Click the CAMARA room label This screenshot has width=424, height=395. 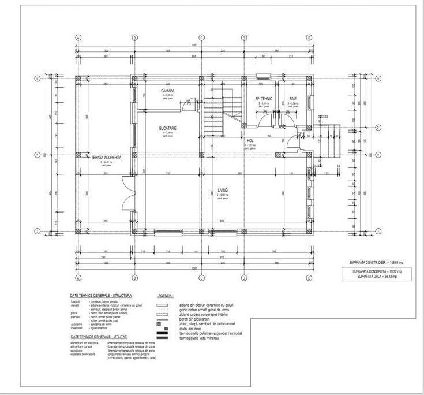pyautogui.click(x=167, y=91)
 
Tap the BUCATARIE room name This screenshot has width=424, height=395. pyautogui.click(x=168, y=128)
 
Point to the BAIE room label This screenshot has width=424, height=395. pyautogui.click(x=293, y=99)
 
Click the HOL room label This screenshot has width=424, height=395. pyautogui.click(x=250, y=140)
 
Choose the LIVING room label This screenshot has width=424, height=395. pyautogui.click(x=223, y=189)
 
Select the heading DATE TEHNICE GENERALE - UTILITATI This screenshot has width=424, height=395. pyautogui.click(x=99, y=335)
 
